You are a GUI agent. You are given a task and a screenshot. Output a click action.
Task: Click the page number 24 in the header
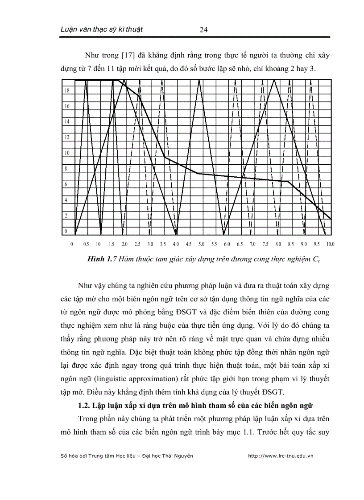[x=203, y=30]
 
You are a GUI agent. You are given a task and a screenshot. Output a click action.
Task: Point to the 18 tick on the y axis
[x=66, y=90]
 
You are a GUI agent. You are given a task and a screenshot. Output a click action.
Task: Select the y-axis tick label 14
[x=66, y=121]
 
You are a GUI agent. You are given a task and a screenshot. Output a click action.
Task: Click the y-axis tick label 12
[x=66, y=137]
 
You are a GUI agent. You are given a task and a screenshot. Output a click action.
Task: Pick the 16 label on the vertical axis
[x=66, y=106]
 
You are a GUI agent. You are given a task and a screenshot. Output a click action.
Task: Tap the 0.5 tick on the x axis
[x=86, y=244]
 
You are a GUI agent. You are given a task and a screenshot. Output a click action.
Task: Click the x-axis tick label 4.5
[x=189, y=244]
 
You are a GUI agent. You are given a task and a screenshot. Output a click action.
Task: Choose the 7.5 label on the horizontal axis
[x=266, y=244]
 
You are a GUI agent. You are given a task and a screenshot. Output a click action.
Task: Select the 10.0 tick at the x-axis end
[x=331, y=244]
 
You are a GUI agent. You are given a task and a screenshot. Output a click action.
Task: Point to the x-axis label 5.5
[x=214, y=244]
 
